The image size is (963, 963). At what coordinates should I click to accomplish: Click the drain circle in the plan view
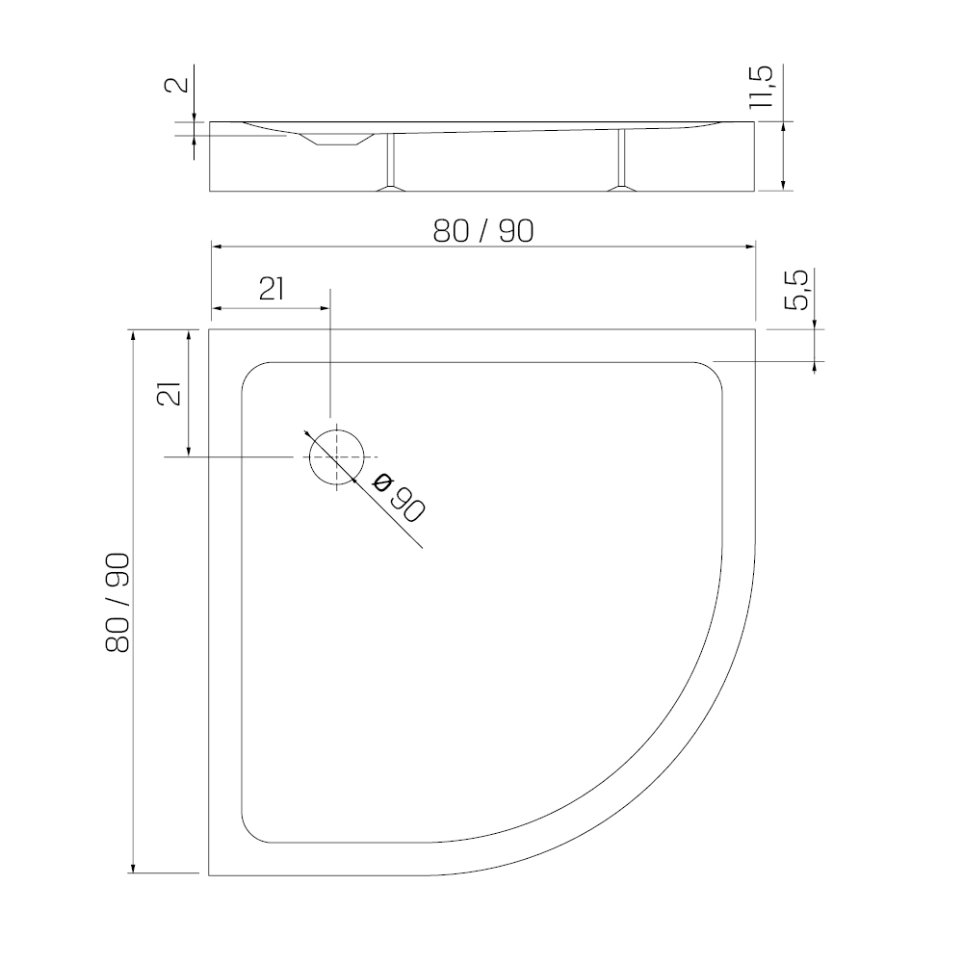click(309, 457)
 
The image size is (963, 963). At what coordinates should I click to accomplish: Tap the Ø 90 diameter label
click(400, 498)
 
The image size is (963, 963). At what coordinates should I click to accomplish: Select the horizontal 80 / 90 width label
click(483, 231)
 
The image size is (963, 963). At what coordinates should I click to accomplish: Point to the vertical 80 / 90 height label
click(117, 602)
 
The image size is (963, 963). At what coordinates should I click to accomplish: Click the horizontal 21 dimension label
click(272, 289)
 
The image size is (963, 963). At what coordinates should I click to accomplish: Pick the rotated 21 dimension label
click(170, 393)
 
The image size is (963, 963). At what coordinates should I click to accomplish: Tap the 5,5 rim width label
click(797, 291)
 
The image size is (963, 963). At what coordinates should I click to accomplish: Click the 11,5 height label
click(762, 87)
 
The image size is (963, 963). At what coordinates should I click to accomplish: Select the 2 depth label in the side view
click(177, 84)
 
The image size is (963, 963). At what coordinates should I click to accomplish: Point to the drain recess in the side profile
click(336, 141)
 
